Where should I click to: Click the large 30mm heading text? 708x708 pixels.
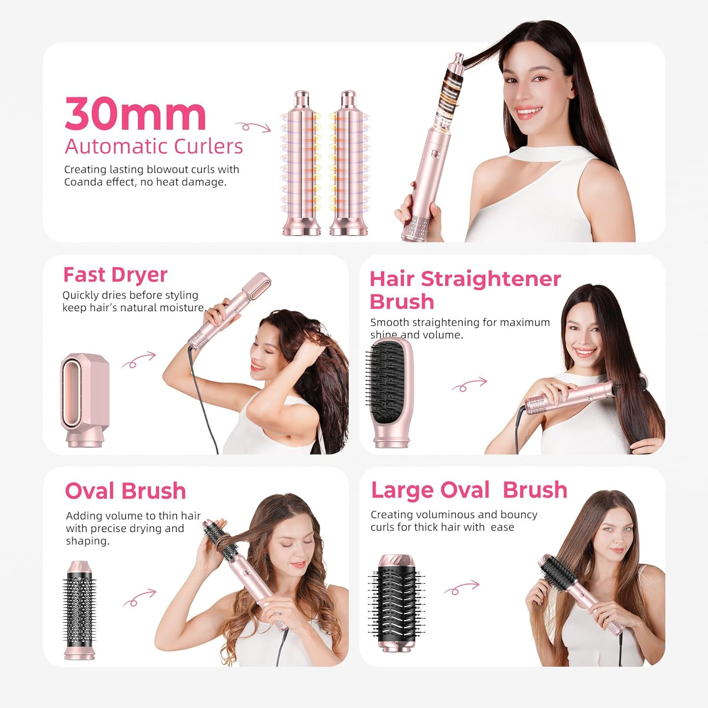135,114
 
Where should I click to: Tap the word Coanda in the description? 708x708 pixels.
83,182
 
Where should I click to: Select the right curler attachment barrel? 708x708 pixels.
348,163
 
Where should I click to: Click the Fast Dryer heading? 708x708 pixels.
115,275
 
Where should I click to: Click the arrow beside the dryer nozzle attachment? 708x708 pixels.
138,360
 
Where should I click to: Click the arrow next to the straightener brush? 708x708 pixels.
469,385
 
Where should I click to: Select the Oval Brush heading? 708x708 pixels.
125,491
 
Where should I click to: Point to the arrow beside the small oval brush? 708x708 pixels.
139,598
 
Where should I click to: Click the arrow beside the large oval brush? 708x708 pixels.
461,588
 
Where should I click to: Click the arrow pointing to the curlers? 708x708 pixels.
253,126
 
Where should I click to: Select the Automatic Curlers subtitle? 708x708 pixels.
153,146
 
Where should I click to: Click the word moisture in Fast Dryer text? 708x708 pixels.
181,308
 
